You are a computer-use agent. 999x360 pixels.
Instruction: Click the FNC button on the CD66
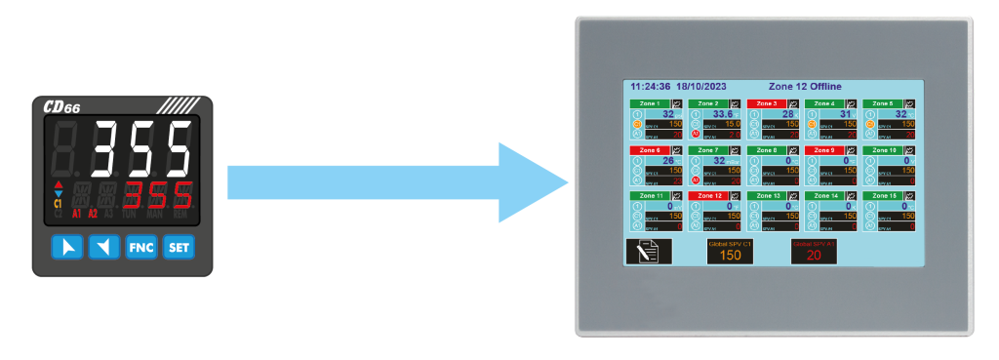click(x=140, y=248)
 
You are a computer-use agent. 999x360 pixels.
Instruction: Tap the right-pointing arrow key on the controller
click(x=67, y=248)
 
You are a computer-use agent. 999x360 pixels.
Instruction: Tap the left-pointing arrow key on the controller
click(x=103, y=248)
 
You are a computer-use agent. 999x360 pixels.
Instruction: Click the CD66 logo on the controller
click(x=62, y=106)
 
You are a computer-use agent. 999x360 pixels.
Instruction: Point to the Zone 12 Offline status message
click(x=805, y=87)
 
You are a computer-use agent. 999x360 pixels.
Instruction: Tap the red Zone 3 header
click(x=767, y=102)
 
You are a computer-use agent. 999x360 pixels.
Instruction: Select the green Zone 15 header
click(x=884, y=196)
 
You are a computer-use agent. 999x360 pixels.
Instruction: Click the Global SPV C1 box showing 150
click(x=730, y=251)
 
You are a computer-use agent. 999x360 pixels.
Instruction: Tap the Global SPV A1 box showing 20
click(x=813, y=251)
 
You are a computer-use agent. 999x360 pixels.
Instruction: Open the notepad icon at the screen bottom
click(x=648, y=251)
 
